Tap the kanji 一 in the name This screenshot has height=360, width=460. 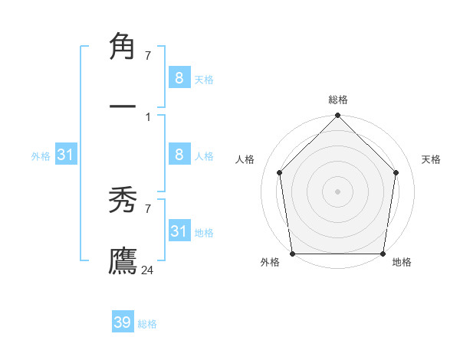pos(123,104)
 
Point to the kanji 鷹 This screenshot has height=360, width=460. pos(123,260)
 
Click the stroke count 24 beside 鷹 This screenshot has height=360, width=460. pos(148,270)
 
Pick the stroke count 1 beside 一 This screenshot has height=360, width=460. pos(148,116)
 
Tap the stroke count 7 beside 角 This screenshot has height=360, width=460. pos(148,55)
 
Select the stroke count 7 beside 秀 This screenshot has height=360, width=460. pos(148,208)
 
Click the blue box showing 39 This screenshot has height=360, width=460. pos(123,322)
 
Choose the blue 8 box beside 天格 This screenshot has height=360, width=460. pos(179,77)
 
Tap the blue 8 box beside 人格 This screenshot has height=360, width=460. pos(179,155)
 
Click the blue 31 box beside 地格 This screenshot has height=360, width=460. pos(179,231)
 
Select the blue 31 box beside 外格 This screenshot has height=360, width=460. pos(66,155)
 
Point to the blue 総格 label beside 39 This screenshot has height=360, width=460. pos(147,324)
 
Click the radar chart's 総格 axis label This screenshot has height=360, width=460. pos(338,100)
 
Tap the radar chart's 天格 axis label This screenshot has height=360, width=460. pos(431,159)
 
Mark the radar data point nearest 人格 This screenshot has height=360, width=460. pos(280,172)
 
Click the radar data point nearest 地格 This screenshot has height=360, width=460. pos(383,254)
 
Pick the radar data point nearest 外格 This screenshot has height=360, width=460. pos(292,254)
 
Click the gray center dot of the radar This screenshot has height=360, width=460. pos(337,191)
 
